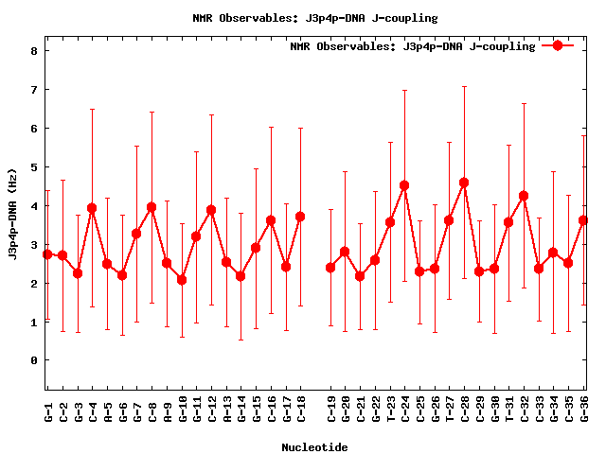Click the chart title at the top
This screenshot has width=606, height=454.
coord(302,18)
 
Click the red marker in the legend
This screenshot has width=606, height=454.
coord(558,45)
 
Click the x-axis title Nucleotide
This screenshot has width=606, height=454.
coord(314,446)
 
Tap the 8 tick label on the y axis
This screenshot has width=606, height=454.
coord(33,51)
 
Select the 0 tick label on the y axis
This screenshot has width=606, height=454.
coord(33,360)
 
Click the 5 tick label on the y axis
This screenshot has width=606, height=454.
coord(33,167)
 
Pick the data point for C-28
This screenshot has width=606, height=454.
coord(464,183)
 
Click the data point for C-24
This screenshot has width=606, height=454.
coord(404,185)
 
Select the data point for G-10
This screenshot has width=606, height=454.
coord(182,280)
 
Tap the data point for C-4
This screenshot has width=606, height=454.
coord(92,208)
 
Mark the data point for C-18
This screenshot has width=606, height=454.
coord(300,217)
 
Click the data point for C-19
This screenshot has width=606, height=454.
coord(330,268)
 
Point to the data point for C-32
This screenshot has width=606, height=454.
coord(524,196)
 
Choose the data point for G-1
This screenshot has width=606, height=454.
coord(47,254)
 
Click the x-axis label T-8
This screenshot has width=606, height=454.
coord(151,410)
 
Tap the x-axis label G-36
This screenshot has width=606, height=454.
coord(584,410)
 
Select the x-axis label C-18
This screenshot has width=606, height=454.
coord(300,410)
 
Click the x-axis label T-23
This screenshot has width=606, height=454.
coord(390,410)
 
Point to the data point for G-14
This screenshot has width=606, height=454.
coord(241,276)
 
